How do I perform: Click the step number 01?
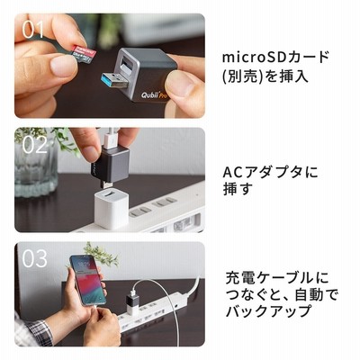(32, 30)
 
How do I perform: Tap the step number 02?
(34, 145)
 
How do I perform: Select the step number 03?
(34, 258)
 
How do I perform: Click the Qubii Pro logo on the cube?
(154, 94)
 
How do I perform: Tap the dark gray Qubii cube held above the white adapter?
(110, 165)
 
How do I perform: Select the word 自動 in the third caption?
(310, 295)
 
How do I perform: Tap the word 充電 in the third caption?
(240, 279)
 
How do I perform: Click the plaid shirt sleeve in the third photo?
(33, 331)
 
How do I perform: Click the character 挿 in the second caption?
(230, 189)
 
